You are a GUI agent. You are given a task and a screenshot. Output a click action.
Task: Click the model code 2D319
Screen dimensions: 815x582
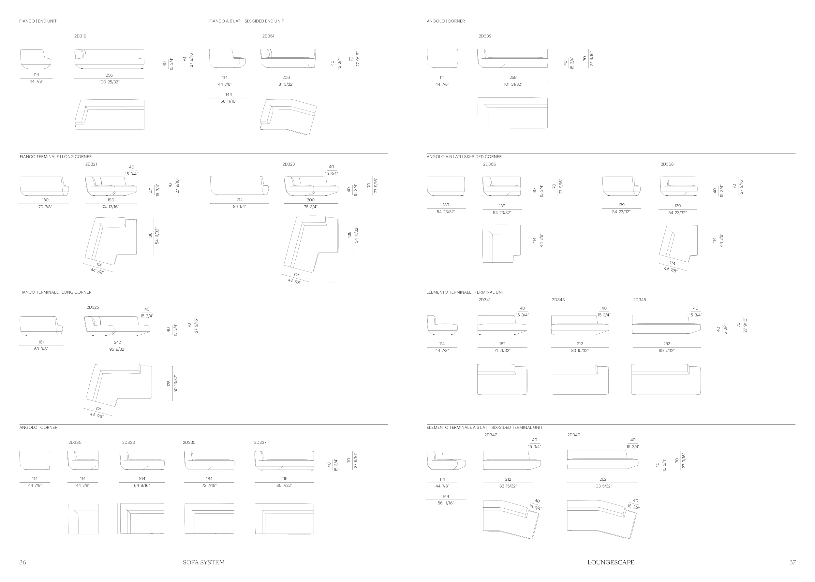pyautogui.click(x=80, y=36)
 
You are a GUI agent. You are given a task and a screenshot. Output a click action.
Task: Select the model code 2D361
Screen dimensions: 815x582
pyautogui.click(x=268, y=36)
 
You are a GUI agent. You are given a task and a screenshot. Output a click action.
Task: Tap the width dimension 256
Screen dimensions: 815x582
pyautogui.click(x=109, y=75)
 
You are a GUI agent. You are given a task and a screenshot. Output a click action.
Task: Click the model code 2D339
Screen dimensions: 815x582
pyautogui.click(x=485, y=36)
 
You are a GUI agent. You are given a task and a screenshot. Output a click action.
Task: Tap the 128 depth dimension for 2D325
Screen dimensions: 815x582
pyautogui.click(x=169, y=384)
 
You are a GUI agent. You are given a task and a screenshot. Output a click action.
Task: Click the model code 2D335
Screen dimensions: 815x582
pyautogui.click(x=189, y=443)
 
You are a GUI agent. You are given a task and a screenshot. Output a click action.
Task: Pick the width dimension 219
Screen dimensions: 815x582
pyautogui.click(x=284, y=478)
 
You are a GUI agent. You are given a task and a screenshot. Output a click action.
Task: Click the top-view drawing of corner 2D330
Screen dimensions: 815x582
pyautogui.click(x=83, y=519)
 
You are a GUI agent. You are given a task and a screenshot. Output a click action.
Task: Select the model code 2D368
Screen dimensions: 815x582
pyautogui.click(x=667, y=164)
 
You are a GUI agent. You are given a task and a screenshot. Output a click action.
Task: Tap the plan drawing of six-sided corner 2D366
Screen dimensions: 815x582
pyautogui.click(x=501, y=244)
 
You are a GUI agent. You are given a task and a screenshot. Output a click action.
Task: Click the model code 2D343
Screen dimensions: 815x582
pyautogui.click(x=558, y=299)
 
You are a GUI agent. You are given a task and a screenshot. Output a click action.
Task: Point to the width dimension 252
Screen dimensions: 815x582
pyautogui.click(x=667, y=344)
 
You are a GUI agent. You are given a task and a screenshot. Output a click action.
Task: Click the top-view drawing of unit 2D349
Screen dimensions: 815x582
pyautogui.click(x=602, y=519)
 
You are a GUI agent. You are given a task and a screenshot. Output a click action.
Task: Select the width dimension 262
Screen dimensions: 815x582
pyautogui.click(x=603, y=479)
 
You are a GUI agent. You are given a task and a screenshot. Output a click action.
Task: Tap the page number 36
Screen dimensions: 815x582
pyautogui.click(x=22, y=562)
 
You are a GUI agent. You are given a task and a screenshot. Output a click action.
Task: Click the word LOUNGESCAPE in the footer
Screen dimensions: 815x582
pyautogui.click(x=611, y=562)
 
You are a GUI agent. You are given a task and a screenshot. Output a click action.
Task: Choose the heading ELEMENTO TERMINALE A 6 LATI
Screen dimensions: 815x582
pyautogui.click(x=457, y=428)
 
